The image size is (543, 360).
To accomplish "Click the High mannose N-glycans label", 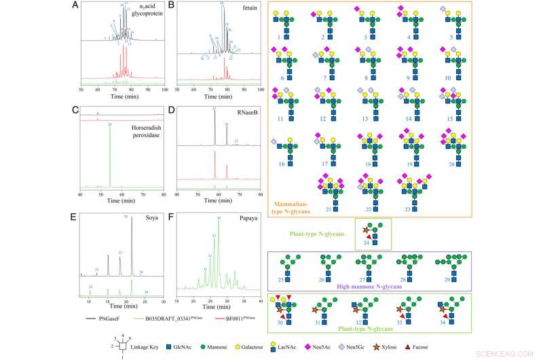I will (x=368, y=287).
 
